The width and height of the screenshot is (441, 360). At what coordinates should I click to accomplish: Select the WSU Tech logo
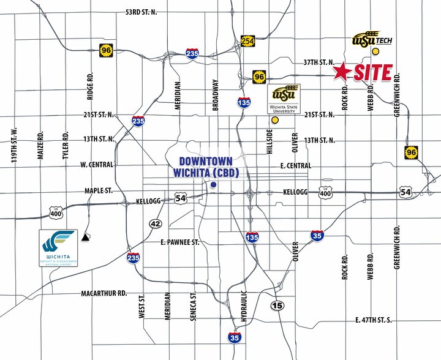pyautogui.click(x=371, y=40)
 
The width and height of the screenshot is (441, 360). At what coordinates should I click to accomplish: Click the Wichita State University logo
pyautogui.click(x=286, y=99)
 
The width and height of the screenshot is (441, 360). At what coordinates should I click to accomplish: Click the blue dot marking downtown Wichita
pyautogui.click(x=213, y=185)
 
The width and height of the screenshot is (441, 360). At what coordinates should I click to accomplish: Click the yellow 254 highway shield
pyautogui.click(x=247, y=41)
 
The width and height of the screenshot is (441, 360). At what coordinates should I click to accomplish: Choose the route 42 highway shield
pyautogui.click(x=155, y=223)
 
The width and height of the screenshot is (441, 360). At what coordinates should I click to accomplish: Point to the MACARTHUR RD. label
pyautogui.click(x=104, y=293)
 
